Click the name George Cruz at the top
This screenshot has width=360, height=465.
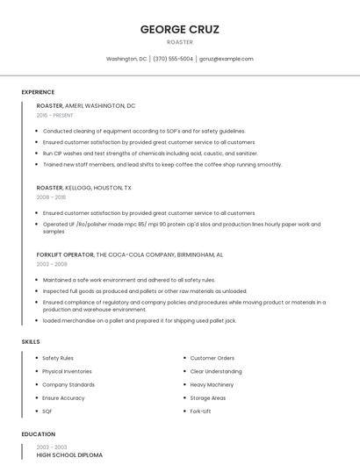pos(179,29)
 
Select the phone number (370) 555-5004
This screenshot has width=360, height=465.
pos(173,59)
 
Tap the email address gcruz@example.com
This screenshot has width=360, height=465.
pos(227,59)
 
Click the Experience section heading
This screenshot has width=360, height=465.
pos(38,92)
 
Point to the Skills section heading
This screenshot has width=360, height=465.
pos(30,341)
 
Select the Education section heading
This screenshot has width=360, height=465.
pos(38,434)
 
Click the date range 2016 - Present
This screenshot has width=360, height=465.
pos(54,115)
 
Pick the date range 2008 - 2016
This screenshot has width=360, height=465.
pos(51,197)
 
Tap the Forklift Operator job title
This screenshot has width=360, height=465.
pos(65,254)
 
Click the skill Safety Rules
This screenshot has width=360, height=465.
pos(58,358)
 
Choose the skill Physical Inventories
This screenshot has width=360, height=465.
pos(68,371)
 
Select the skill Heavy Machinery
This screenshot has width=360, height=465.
pos(212,384)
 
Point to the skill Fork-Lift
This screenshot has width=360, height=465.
pos(200,411)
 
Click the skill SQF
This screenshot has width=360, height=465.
pos(47,411)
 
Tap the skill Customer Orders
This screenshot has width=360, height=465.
pos(212,358)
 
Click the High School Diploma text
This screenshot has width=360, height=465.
pos(69,455)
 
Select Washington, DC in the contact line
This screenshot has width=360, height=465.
pos(126,59)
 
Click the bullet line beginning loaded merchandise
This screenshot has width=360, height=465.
pos(139,320)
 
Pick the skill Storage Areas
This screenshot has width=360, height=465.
pos(207,397)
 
